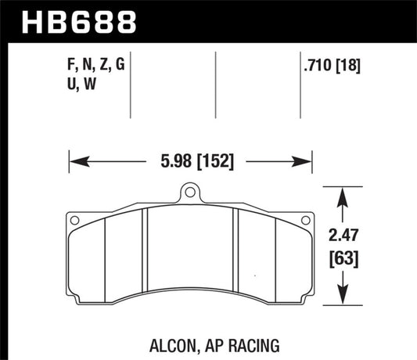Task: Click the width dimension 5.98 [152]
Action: coord(192,163)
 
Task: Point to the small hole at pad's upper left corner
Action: coord(74,221)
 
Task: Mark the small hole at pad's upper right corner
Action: coord(304,221)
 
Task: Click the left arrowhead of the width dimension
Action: coord(76,163)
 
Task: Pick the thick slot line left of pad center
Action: coord(145,255)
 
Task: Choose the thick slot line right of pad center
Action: coord(235,255)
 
